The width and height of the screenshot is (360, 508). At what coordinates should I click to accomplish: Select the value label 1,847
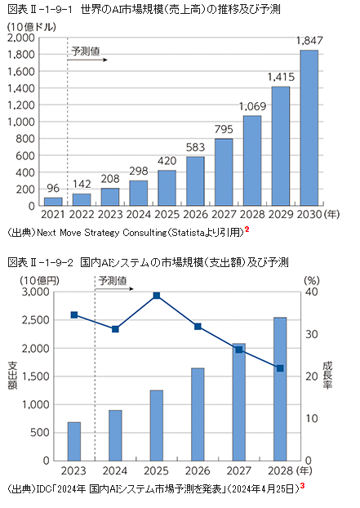309,41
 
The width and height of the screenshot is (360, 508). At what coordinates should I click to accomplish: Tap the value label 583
196,147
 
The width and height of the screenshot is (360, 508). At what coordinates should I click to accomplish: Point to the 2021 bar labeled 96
53,201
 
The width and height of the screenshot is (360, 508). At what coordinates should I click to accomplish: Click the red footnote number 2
247,229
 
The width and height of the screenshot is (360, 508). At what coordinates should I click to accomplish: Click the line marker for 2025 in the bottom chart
157,295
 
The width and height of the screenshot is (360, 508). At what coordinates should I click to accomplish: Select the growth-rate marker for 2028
280,368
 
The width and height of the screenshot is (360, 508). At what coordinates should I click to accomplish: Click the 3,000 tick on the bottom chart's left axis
34,292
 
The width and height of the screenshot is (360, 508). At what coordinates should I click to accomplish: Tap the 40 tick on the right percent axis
310,292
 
